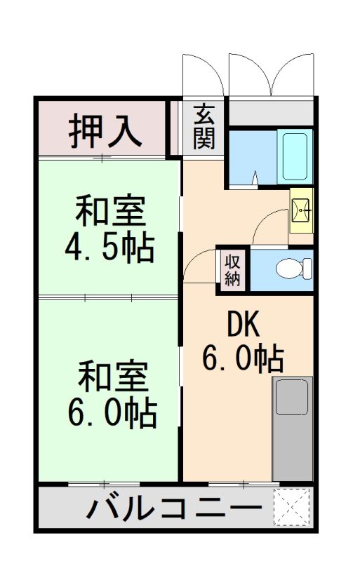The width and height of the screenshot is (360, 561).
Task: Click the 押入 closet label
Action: (106, 130)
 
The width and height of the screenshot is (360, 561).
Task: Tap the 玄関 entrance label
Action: (204, 126)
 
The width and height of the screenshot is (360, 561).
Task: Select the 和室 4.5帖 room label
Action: (109, 229)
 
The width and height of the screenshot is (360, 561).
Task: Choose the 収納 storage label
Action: (233, 269)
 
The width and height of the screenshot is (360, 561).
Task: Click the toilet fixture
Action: (292, 269)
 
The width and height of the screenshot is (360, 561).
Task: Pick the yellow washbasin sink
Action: (302, 210)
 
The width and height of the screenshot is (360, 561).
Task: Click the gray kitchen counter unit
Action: (292, 429)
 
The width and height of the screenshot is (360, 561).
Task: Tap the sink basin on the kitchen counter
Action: (293, 396)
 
